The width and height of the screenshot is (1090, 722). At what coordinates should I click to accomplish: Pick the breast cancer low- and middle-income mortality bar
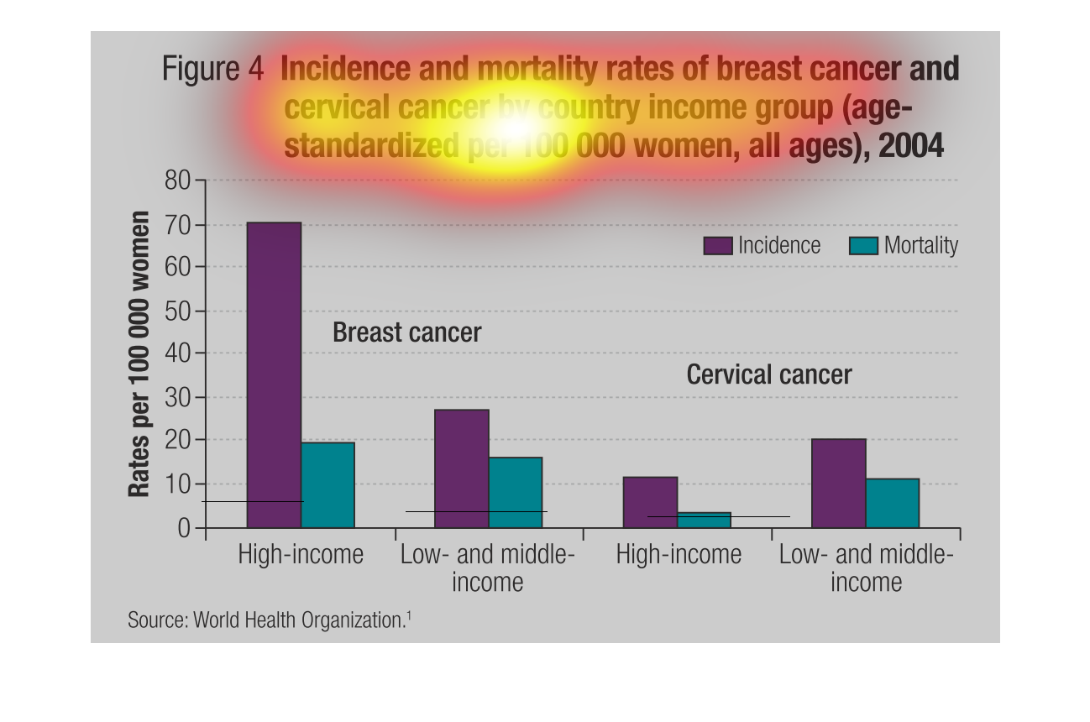tap(516, 492)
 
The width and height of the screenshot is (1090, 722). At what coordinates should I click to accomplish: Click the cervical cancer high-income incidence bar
tap(650, 502)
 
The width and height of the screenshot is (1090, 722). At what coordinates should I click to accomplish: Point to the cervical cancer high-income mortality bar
tap(704, 520)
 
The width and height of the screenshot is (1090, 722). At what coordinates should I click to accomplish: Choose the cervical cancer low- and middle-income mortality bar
tap(892, 503)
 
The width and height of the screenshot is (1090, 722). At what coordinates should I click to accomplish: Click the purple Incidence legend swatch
tap(718, 245)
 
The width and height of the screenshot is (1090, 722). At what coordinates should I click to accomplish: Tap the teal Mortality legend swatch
tap(863, 245)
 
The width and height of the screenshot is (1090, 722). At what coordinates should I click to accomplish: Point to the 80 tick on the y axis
tap(177, 180)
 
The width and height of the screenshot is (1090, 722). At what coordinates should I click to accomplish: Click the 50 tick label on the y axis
tap(177, 311)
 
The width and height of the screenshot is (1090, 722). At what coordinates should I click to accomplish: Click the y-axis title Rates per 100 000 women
tap(139, 353)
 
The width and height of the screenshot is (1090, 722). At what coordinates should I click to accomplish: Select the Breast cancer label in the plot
tap(406, 332)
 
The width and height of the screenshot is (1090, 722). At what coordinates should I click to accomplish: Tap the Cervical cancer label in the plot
tap(768, 374)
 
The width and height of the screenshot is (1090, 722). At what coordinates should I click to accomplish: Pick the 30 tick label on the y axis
tap(177, 397)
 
